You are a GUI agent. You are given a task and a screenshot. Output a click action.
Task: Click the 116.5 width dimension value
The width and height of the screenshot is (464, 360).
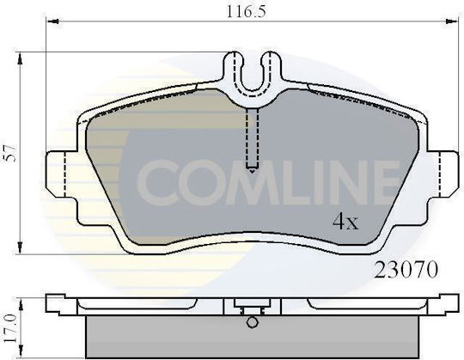[247, 12]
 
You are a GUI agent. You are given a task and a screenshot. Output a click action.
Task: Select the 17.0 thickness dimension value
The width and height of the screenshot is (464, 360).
[10, 328]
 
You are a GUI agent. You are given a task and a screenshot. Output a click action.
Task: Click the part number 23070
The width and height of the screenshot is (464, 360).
[406, 270]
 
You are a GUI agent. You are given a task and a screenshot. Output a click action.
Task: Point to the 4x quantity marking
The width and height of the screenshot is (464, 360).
[345, 222]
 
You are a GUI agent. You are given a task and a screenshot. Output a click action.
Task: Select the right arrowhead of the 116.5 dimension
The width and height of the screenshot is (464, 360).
[452, 21]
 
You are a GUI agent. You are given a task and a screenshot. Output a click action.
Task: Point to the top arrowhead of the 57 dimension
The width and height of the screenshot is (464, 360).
[20, 58]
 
